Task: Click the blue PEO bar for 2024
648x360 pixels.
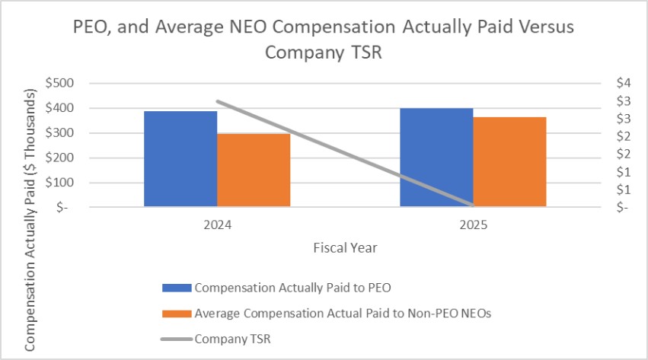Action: pos(180,158)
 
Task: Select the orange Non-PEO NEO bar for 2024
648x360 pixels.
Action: pos(254,170)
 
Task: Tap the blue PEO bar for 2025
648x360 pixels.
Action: pos(436,158)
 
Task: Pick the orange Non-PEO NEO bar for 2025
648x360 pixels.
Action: pos(509,162)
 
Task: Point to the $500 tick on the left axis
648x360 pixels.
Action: pos(59,83)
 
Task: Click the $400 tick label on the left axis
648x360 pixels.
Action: pos(59,108)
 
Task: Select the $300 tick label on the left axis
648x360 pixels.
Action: pos(59,132)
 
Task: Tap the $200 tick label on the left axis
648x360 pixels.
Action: pos(59,158)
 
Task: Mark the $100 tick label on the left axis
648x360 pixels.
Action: pos(59,182)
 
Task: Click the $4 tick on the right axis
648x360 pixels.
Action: pos(624,83)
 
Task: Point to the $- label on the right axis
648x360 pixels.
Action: pos(622,207)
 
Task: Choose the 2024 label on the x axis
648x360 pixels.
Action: pos(217,225)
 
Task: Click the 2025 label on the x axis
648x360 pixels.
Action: pos(474,225)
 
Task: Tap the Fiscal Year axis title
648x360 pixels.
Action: pos(345,247)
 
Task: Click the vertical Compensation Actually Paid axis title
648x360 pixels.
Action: pos(30,220)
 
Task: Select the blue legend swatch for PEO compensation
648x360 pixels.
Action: pos(177,288)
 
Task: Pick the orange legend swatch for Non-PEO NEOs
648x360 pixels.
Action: pos(177,314)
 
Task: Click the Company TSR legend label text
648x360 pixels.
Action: pos(233,339)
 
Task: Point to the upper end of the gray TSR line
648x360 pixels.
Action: pos(218,101)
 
